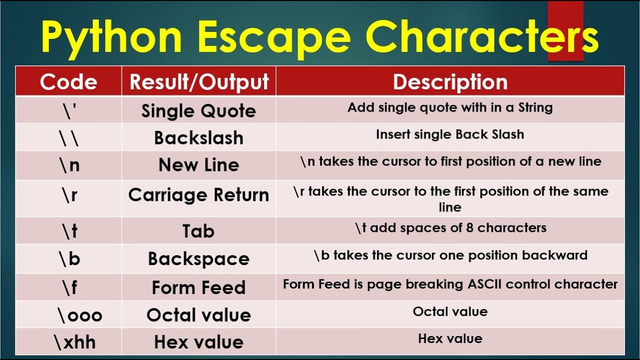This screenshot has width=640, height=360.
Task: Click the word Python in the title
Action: coord(111,38)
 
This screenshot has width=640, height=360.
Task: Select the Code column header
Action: coord(68,82)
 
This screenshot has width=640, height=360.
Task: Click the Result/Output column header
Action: coord(199,82)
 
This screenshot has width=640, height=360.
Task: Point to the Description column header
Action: coord(450,82)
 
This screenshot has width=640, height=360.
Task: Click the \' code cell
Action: coord(68,110)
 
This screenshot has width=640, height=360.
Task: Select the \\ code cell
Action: coord(68,138)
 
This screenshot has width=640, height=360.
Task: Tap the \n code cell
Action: coord(68,165)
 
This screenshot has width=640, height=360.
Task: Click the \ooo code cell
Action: coord(79,315)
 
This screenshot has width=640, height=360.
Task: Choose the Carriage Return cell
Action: coord(199,195)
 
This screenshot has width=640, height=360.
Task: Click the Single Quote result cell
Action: coord(199,111)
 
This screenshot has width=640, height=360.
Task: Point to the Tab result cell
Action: coord(198,231)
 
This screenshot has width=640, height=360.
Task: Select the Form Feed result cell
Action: coord(199,287)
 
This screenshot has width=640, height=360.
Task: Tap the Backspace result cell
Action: coord(199,258)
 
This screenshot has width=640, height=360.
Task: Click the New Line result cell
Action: coord(199,165)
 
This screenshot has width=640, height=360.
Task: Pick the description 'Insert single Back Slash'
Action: coord(450,134)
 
